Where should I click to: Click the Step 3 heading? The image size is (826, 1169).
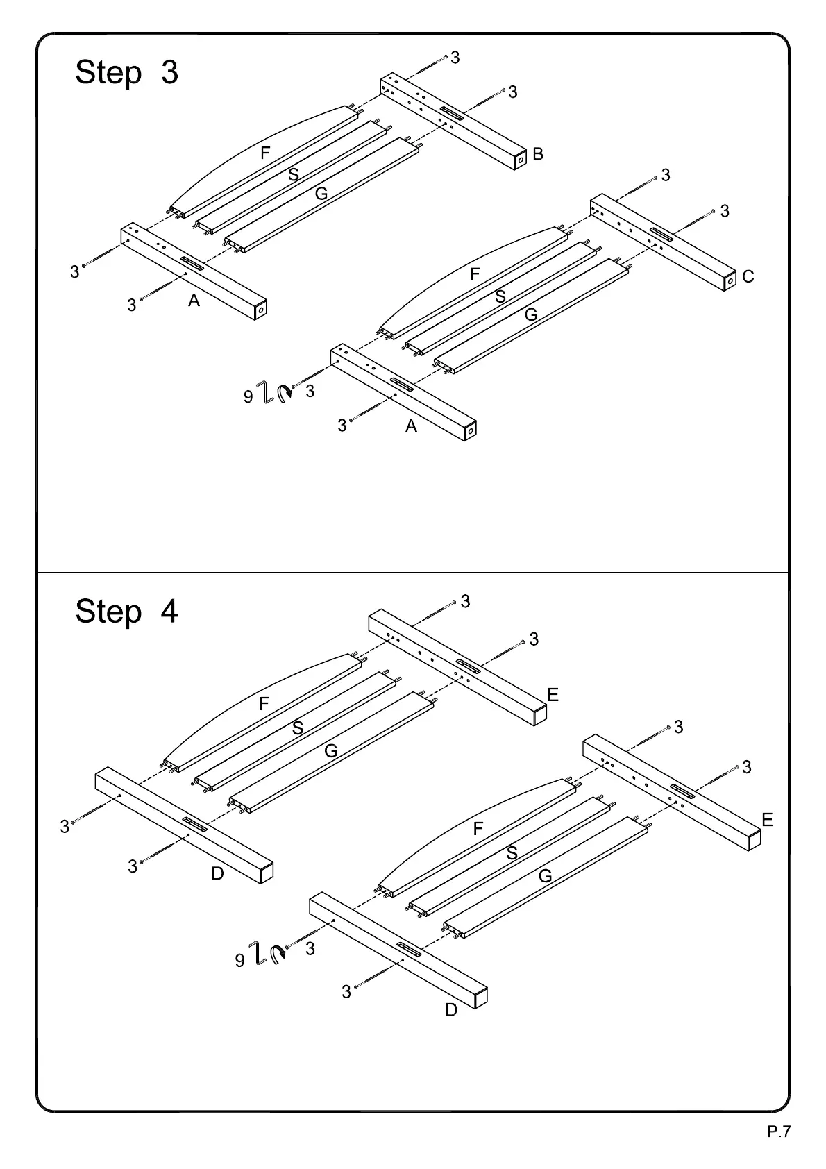click(x=126, y=72)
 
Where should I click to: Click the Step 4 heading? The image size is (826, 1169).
click(x=126, y=612)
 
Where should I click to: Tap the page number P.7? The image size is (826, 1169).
click(x=779, y=1132)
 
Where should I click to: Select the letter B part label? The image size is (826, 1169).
click(x=538, y=154)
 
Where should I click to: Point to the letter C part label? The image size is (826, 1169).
click(x=748, y=277)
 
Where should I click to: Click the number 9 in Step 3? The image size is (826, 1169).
click(x=248, y=397)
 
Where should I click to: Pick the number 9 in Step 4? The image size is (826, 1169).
click(x=239, y=961)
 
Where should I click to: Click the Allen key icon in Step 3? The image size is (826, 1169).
click(x=264, y=392)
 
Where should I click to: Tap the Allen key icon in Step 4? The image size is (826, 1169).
click(x=257, y=954)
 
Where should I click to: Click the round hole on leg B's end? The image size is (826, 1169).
click(x=520, y=160)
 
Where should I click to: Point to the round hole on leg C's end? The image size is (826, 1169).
click(x=730, y=281)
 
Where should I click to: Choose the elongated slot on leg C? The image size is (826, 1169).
click(x=661, y=235)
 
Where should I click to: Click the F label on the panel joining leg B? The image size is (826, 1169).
click(x=265, y=153)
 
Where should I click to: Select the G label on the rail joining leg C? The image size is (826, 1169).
click(x=531, y=314)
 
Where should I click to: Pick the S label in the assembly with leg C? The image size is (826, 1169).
click(x=500, y=296)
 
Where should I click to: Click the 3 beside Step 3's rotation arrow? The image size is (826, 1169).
click(x=310, y=392)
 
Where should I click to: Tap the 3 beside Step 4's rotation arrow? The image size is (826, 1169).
click(x=310, y=948)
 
